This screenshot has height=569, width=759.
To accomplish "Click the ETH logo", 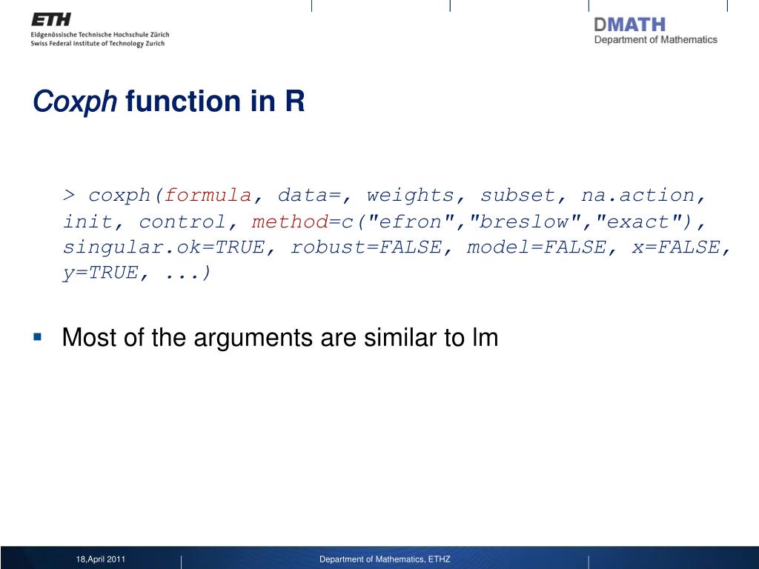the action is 51,19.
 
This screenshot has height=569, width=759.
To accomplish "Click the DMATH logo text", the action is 630,24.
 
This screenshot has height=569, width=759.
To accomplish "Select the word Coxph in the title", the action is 75,102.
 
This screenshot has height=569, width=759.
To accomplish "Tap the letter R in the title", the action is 295,101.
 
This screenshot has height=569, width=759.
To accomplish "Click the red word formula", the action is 208,196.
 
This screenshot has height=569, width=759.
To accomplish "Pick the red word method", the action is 290,222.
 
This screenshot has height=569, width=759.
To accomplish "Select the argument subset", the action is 517,195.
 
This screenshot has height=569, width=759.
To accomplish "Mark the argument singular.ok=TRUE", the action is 164,247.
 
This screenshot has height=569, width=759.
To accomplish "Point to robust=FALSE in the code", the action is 366,247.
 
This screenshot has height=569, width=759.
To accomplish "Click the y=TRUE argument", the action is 101,273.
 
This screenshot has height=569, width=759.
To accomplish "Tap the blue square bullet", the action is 38,336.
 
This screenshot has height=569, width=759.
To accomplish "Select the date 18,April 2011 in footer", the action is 101,559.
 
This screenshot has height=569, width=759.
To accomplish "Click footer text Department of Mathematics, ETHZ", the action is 385,559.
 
